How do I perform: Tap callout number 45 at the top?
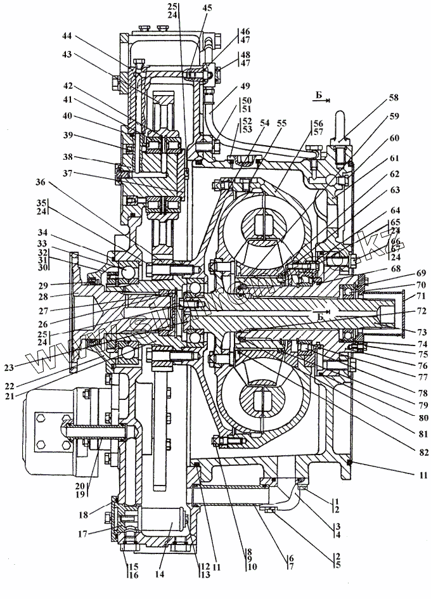[207, 8]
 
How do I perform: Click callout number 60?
[394, 138]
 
